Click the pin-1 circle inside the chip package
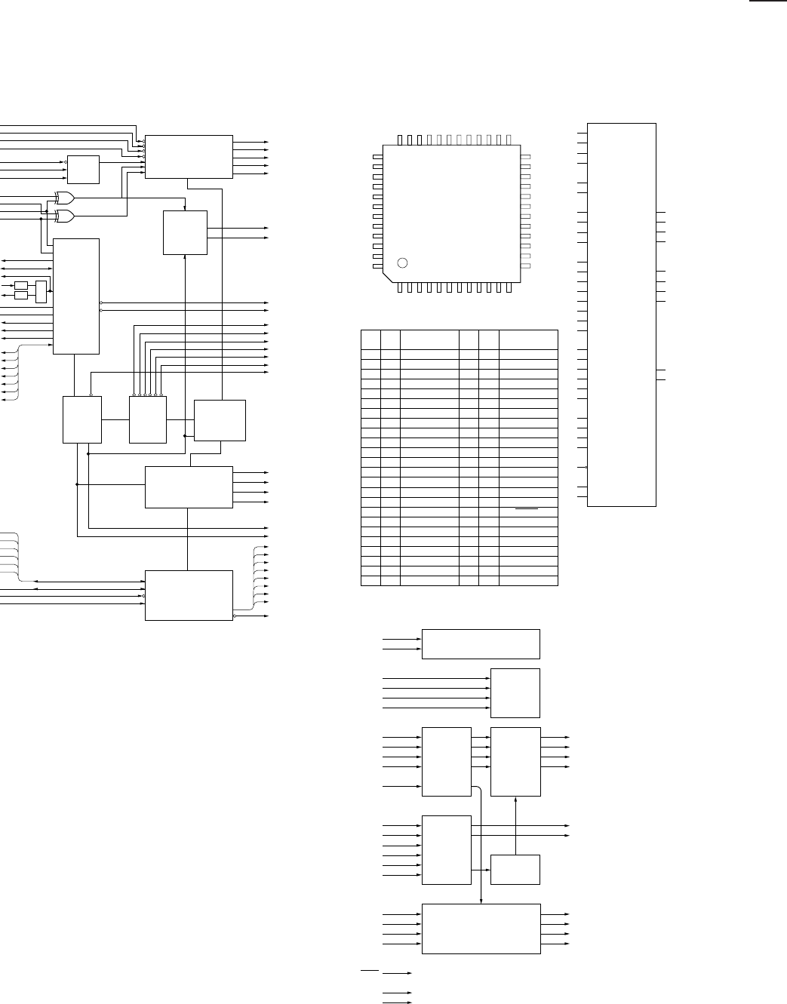[x=402, y=263]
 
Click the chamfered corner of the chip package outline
[x=387, y=276]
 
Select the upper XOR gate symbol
[x=65, y=198]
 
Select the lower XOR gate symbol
[x=65, y=216]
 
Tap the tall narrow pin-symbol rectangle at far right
[x=622, y=314]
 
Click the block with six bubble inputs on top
[x=148, y=419]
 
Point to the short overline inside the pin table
[x=527, y=510]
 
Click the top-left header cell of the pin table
[x=370, y=339]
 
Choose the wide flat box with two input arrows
[x=481, y=643]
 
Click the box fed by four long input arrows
[x=515, y=692]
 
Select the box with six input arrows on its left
[x=447, y=849]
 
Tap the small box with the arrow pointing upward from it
[x=515, y=869]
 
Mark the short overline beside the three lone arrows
[x=370, y=968]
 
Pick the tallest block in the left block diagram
[x=76, y=296]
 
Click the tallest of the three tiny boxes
[x=41, y=290]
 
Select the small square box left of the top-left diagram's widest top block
[x=83, y=169]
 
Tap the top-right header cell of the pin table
[x=528, y=339]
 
